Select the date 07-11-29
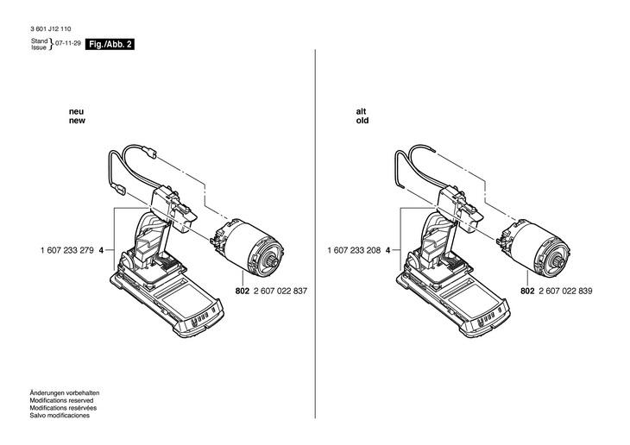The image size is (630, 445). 68,42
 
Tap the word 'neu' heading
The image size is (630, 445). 76,111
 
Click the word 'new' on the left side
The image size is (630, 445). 78,122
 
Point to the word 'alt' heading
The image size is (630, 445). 361,111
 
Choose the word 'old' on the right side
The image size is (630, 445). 362,122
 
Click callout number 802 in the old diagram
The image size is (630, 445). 527,291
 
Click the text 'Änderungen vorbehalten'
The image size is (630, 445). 66,393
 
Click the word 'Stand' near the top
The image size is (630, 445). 39,40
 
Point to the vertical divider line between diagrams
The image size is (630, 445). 315,216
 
